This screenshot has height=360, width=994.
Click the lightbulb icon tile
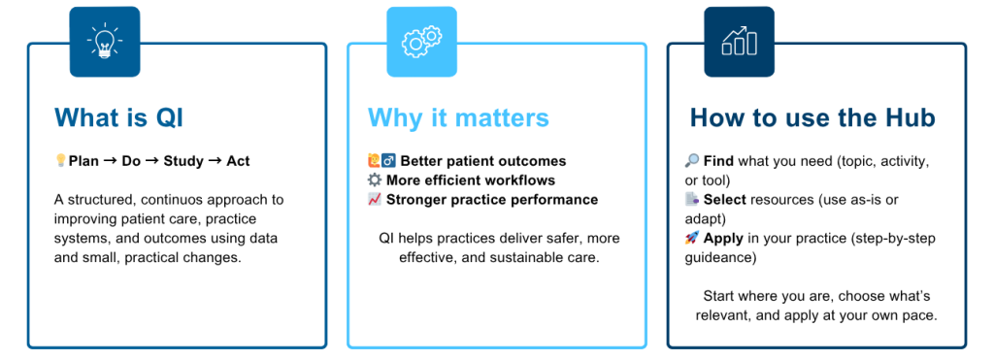click(105, 42)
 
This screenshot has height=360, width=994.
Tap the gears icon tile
click(421, 42)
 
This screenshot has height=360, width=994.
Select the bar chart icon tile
click(739, 42)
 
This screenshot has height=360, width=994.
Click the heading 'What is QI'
click(118, 117)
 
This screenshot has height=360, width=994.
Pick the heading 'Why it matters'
click(458, 117)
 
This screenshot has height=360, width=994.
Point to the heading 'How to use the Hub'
click(812, 117)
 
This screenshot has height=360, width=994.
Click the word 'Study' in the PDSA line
click(182, 162)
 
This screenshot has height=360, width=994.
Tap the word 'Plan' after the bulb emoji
click(83, 162)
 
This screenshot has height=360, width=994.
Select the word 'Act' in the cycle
click(239, 162)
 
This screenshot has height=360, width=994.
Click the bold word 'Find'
click(717, 162)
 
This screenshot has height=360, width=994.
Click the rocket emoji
click(692, 238)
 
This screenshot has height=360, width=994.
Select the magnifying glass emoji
click(692, 161)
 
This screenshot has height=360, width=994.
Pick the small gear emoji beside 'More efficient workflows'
click(375, 180)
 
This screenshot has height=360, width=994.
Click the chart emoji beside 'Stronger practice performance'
click(375, 200)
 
